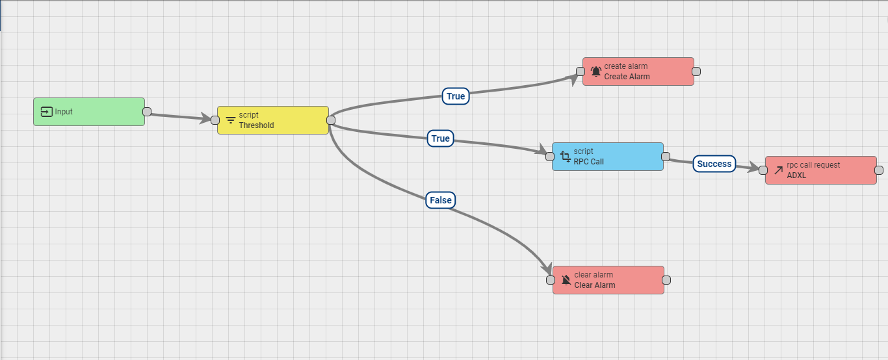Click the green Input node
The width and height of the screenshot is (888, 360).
(89, 112)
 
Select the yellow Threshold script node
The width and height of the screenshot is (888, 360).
(273, 120)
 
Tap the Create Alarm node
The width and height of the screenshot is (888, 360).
(638, 71)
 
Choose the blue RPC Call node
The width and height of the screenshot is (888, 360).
(608, 157)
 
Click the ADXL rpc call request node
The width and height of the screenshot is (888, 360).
(821, 170)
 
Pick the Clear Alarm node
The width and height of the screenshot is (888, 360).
(608, 280)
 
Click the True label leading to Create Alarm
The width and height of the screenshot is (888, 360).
(456, 96)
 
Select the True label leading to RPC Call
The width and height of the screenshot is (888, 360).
(440, 138)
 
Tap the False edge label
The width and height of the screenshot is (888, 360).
(440, 200)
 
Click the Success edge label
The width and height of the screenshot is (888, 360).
(714, 164)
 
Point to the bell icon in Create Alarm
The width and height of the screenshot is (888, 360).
(596, 71)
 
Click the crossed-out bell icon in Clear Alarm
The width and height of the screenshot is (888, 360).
(566, 280)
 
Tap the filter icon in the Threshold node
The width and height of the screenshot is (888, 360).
(231, 120)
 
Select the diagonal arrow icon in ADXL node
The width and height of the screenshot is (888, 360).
(778, 171)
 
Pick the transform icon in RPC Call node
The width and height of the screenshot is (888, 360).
(566, 157)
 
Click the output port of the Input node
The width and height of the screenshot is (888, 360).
(147, 111)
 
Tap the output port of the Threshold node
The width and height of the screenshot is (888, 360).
(331, 120)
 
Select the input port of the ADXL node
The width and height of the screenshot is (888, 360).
(763, 170)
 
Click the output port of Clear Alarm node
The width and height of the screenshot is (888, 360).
(666, 280)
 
